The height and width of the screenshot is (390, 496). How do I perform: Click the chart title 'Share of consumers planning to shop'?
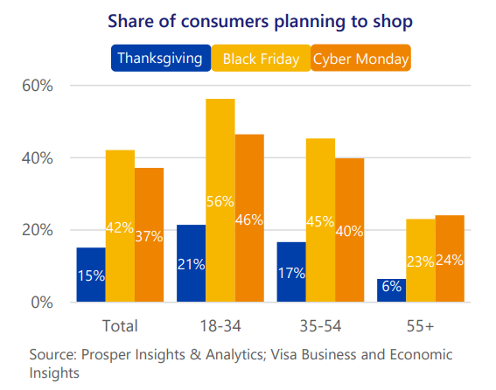[x=248, y=20]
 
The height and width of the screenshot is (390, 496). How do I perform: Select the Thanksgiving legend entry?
[x=160, y=59]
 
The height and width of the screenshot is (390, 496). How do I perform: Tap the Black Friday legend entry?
[x=261, y=59]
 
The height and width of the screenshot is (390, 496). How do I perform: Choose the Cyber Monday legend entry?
[x=361, y=59]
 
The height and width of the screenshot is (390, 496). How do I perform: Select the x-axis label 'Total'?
[x=120, y=326]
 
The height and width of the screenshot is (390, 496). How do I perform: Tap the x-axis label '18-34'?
[x=220, y=326]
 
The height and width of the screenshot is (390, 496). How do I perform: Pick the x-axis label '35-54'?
[x=320, y=326]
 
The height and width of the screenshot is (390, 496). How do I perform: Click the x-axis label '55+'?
[x=420, y=326]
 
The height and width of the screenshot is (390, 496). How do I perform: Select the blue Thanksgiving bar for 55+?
[x=391, y=290]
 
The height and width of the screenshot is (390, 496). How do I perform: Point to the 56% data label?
[x=220, y=201]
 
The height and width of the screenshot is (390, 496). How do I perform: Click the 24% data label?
[x=450, y=259]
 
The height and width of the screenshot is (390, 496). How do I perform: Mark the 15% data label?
[x=91, y=275]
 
